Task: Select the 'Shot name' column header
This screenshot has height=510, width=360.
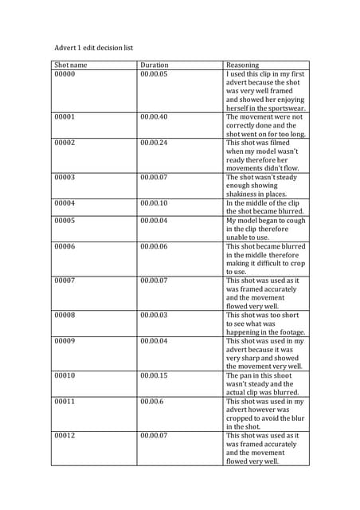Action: click(x=71, y=65)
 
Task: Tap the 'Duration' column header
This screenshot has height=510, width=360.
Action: click(x=155, y=65)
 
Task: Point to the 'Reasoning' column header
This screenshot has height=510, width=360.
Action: click(x=243, y=65)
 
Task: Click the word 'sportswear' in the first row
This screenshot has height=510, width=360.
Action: click(x=283, y=108)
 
